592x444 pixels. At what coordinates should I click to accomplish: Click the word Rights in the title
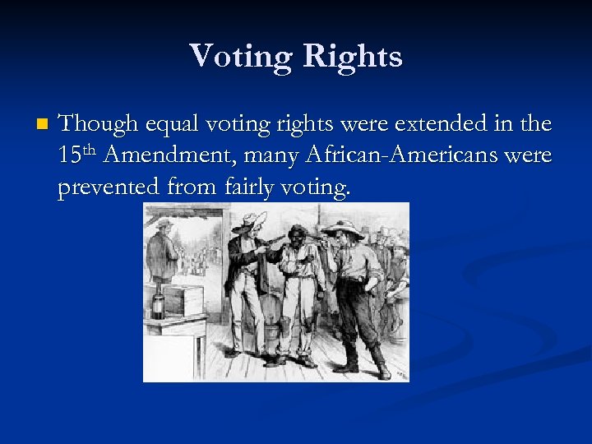(354, 57)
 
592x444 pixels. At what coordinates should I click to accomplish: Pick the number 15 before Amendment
(69, 156)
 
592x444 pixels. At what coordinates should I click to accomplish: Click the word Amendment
(174, 156)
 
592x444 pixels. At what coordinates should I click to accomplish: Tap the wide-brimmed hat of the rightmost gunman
(342, 226)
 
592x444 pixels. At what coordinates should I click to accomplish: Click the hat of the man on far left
(164, 222)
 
